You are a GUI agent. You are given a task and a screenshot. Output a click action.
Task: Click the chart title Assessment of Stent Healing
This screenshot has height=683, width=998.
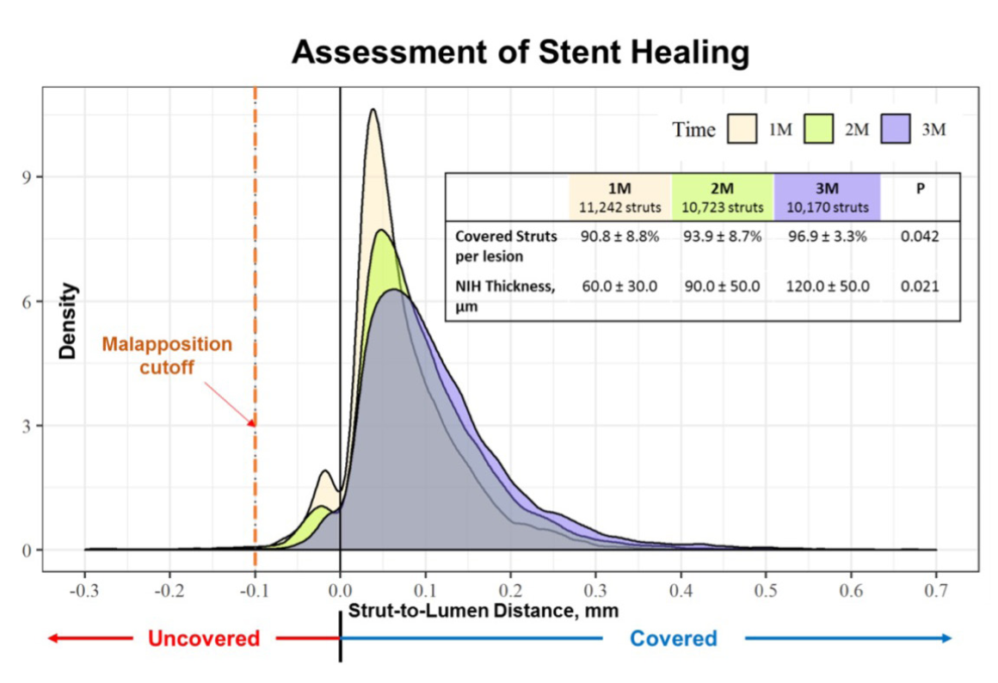tap(520, 53)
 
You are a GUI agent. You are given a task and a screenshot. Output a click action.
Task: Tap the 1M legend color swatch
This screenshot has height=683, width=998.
tap(742, 130)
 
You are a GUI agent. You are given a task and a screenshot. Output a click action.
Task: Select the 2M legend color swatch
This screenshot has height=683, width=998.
tap(816, 130)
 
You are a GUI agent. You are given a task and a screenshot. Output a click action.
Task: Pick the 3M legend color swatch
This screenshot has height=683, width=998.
tap(894, 130)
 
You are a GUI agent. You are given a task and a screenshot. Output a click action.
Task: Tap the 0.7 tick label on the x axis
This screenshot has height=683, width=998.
tap(936, 593)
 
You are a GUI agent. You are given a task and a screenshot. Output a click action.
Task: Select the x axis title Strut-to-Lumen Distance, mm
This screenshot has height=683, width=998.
tap(483, 610)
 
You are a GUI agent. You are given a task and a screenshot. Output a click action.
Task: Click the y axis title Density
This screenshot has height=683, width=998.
tap(68, 321)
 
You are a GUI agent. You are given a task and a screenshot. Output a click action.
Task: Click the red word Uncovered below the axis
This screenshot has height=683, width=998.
tap(203, 638)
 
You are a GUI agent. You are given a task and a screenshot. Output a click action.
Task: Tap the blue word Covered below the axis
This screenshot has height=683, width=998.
tap(673, 638)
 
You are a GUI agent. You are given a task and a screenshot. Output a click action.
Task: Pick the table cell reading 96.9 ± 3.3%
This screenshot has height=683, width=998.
tap(827, 236)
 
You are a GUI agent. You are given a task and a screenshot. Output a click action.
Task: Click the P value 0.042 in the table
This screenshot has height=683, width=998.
tap(920, 236)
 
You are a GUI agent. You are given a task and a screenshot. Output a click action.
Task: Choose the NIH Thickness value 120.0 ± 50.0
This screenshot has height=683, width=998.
tap(827, 286)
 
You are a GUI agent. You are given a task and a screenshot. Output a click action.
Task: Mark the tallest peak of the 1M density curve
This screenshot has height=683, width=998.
tap(373, 109)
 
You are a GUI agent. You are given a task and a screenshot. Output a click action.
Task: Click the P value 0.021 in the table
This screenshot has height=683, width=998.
tap(920, 286)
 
